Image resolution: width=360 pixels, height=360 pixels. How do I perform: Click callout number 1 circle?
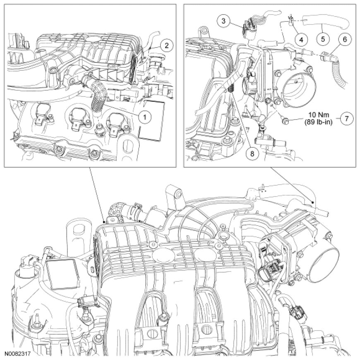click(x=145, y=117)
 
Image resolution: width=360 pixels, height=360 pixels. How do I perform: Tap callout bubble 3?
click(x=223, y=21)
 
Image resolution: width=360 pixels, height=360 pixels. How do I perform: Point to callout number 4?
click(x=301, y=40)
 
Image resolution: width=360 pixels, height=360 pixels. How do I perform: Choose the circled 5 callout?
click(x=323, y=39)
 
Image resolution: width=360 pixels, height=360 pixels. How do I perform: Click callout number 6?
click(x=345, y=39)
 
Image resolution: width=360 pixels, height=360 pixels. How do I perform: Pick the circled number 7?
click(x=347, y=118)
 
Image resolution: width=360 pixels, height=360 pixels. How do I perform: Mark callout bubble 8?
click(x=252, y=154)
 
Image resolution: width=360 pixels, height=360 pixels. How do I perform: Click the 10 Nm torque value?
click(x=319, y=115)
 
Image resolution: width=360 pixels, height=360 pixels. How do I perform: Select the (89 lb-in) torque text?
click(x=319, y=122)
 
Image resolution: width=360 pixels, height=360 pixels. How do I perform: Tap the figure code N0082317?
click(x=17, y=353)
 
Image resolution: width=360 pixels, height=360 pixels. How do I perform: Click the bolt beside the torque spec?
click(x=286, y=120)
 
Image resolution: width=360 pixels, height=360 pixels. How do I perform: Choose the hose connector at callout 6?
click(x=326, y=56)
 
